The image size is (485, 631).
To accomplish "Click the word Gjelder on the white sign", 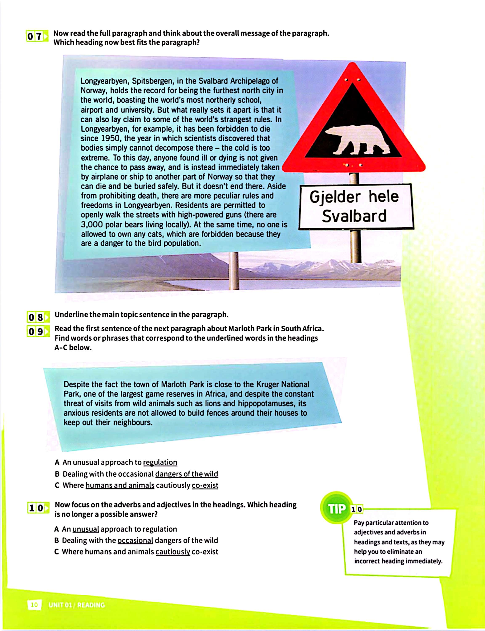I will (335, 197).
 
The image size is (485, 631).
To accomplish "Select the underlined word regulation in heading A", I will (160, 462).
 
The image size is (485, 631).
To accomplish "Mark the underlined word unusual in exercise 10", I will (86, 529).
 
